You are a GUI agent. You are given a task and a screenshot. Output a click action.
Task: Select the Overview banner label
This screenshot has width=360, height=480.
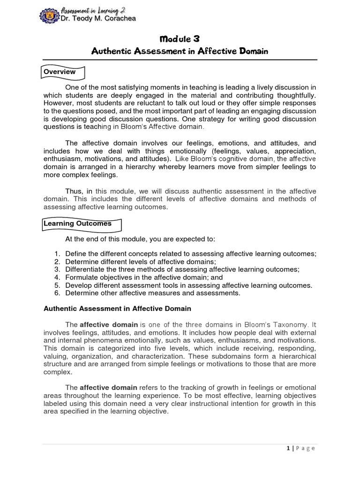tap(60, 72)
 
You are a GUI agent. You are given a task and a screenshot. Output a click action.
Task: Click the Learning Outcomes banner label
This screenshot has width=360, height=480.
tap(78, 224)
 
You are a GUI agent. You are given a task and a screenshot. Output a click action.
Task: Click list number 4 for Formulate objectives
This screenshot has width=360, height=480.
tap(57, 277)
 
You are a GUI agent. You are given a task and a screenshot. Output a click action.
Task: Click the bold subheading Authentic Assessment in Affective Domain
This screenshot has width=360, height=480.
tap(117, 309)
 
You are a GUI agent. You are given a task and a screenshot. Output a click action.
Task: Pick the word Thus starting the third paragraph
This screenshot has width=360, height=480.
tap(73, 191)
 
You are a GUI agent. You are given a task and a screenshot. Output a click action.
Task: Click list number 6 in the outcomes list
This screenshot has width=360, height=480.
tap(57, 293)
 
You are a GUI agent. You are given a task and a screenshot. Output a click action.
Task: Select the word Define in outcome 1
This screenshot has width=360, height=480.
tap(76, 254)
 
